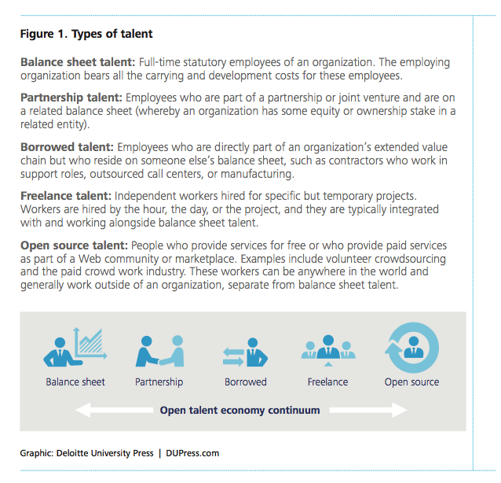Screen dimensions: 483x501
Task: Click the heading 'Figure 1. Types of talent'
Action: [x=86, y=35]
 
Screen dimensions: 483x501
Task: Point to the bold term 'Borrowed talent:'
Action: [x=67, y=147]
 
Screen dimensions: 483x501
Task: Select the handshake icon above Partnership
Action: [x=159, y=351]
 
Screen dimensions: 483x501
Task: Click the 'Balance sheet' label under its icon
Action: [x=75, y=382]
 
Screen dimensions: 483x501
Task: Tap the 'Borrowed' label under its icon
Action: [x=245, y=382]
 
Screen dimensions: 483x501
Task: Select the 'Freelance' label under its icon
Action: [x=327, y=382]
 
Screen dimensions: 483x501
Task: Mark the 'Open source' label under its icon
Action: [x=411, y=382]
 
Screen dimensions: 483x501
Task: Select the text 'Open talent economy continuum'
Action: [x=240, y=410]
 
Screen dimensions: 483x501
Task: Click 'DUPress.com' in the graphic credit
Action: [x=193, y=453]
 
